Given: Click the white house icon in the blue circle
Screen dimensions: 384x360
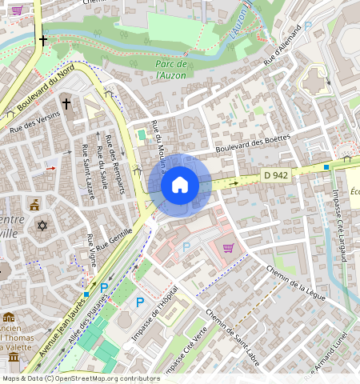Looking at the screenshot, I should coord(180,185).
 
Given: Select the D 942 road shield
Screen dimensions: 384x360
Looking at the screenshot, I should coord(274,175).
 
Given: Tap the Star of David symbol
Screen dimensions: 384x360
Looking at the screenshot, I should coord(42,226).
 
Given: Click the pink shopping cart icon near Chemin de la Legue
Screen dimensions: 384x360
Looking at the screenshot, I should coord(228,248).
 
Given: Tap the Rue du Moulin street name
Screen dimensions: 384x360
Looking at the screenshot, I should coord(158,146).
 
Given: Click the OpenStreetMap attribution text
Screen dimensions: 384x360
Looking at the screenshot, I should coord(81,378).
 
